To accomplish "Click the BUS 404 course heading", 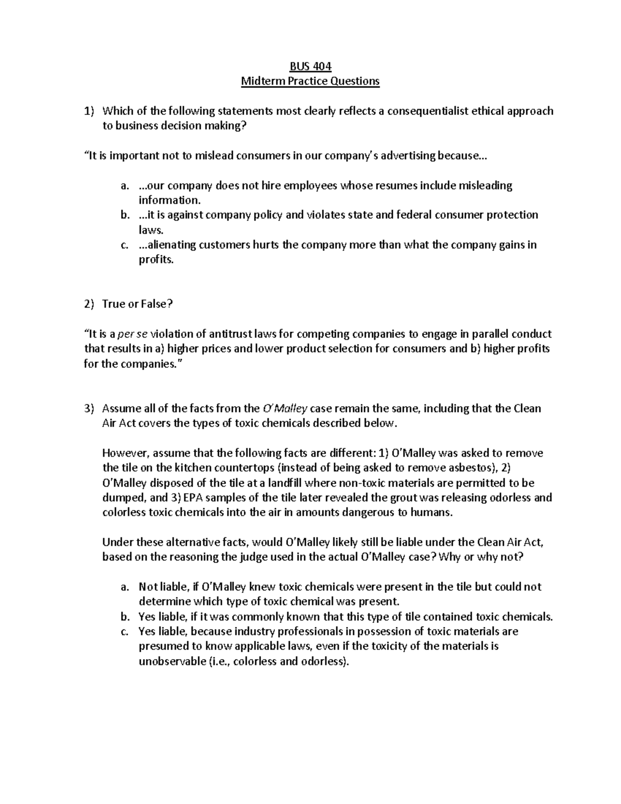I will coord(310,66).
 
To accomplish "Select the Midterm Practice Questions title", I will coord(310,81).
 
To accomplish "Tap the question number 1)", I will coord(90,111).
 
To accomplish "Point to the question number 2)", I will coord(90,304).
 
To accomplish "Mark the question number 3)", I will coord(90,408).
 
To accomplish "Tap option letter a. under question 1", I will coord(124,185).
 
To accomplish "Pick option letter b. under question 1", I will coord(124,215).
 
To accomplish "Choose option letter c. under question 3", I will coord(124,632).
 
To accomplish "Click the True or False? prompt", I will coord(137,304).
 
